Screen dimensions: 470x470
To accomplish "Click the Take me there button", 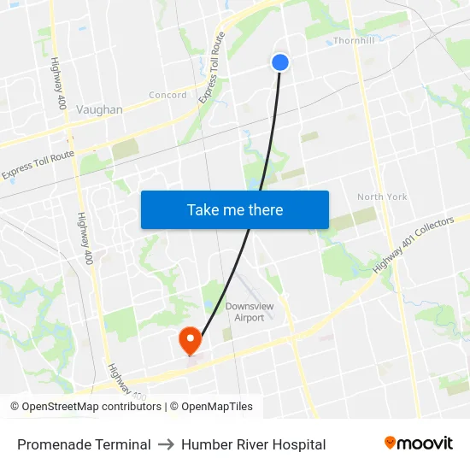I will (235, 209).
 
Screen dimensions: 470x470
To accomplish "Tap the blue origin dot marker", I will (280, 62).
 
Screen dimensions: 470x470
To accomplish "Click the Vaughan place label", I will (99, 109).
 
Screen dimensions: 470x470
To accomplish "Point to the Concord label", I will (167, 95).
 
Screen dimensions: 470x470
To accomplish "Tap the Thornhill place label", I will (354, 40).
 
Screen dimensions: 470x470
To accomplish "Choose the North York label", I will (382, 197).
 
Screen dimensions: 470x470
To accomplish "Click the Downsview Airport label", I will (244, 312).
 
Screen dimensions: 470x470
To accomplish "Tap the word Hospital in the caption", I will (298, 444).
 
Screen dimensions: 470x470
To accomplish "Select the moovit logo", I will (419, 443).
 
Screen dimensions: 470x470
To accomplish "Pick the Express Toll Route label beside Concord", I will (212, 69).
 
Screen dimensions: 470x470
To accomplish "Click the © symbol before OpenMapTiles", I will (173, 407).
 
